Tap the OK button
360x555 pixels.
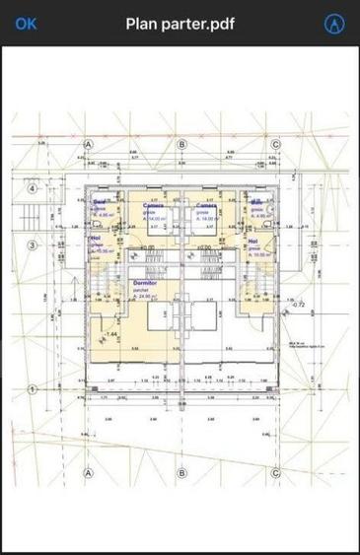point(26,23)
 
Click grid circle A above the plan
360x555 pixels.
point(88,144)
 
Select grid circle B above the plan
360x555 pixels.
point(181,144)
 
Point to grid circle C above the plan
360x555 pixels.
point(275,144)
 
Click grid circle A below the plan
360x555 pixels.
point(88,472)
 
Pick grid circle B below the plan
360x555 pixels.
point(181,472)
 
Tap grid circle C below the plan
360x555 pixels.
point(275,472)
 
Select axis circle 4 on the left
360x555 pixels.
point(32,188)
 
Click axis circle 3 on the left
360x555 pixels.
point(32,245)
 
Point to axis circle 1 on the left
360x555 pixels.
point(32,389)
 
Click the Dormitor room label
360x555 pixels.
point(145,282)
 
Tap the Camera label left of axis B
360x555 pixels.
point(154,205)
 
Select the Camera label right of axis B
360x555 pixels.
point(207,205)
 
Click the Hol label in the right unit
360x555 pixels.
point(253,241)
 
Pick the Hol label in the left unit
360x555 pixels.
point(96,238)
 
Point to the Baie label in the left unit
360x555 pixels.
point(100,202)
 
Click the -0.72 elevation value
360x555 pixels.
point(299,306)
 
